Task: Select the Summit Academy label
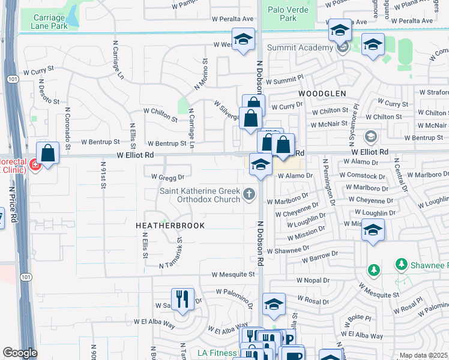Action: [300, 47]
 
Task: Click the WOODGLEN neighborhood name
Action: [322, 94]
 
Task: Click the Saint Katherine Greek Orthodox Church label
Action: [199, 196]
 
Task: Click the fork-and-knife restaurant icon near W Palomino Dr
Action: [182, 299]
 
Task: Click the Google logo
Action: [20, 353]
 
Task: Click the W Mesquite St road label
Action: [232, 274]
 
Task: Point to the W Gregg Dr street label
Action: [163, 177]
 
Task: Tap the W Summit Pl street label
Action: [285, 80]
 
